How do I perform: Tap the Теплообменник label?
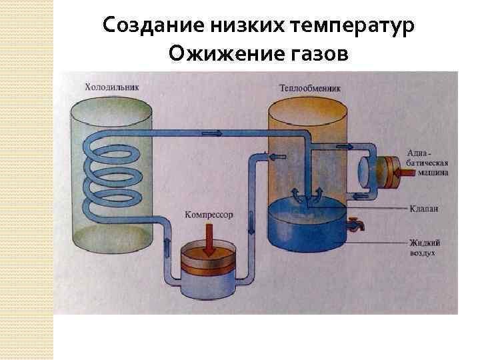pos(311,87)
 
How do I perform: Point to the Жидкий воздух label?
pos(425,247)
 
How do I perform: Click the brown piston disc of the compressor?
pos(207,259)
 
